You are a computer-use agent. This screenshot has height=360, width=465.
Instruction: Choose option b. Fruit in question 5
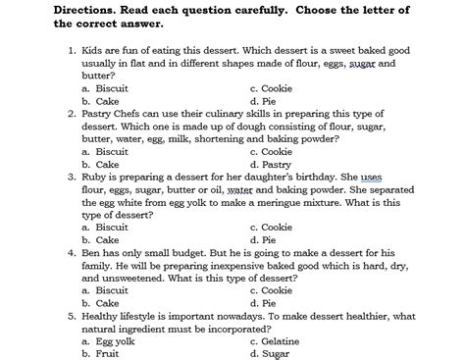102,352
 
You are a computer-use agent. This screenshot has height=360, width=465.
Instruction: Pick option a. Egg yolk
108,340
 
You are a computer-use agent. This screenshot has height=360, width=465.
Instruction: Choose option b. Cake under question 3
101,239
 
